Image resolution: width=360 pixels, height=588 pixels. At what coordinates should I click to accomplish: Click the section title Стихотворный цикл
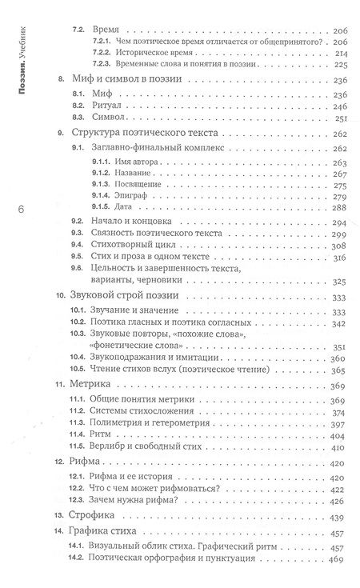[x=132, y=248]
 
